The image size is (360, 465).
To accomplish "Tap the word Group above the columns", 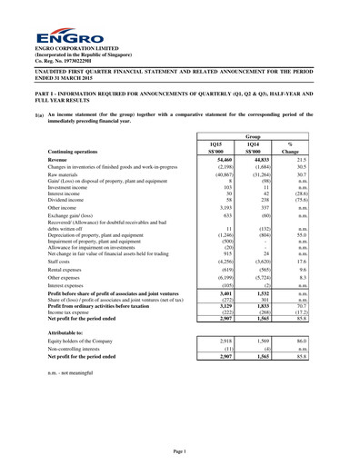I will point(261,135).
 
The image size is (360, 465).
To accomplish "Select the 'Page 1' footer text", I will point(179,451).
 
